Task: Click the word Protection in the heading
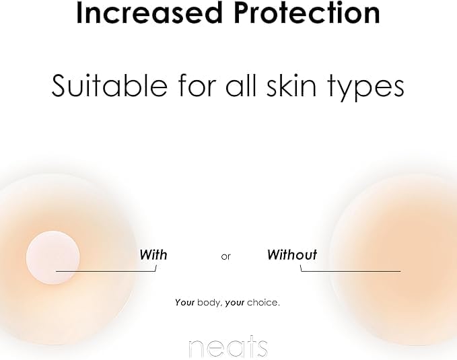coord(307,13)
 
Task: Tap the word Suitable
coord(109,85)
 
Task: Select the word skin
coord(291,85)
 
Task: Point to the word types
coord(366,87)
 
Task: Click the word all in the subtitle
coord(240,85)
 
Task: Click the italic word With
coord(153,255)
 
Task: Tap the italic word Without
coord(292,255)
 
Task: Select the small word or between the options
coord(226,257)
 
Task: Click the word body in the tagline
coord(210,303)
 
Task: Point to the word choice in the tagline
coord(263,303)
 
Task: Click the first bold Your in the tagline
coord(185,303)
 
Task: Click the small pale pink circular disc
coord(52,258)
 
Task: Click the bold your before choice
coord(235,303)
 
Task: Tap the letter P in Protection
coord(242,13)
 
